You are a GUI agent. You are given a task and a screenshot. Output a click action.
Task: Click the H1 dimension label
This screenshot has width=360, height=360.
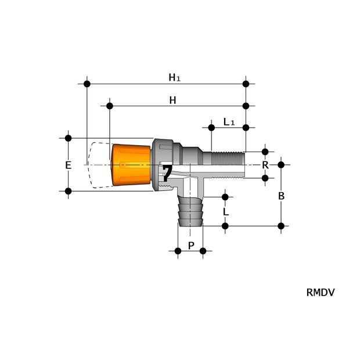click(174, 77)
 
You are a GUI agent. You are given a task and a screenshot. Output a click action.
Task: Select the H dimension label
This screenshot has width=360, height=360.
click(172, 100)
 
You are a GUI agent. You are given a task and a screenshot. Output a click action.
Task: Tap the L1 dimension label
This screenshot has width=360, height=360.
click(229, 122)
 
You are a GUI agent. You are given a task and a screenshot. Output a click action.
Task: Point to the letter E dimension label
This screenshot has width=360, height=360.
click(68, 165)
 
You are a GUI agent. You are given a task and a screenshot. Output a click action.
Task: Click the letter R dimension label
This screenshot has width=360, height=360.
click(265, 165)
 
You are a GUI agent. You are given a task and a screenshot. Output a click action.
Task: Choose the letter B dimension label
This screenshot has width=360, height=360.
click(281, 196)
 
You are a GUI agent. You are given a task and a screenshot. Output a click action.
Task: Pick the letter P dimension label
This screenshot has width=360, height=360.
click(191, 246)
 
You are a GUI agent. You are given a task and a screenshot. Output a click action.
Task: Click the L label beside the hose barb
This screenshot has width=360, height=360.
click(225, 211)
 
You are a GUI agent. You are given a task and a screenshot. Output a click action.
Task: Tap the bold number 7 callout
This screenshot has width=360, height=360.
click(167, 173)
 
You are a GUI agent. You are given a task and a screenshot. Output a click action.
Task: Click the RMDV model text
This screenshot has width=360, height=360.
click(320, 293)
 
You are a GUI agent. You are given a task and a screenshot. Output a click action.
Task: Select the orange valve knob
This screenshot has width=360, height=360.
click(131, 165)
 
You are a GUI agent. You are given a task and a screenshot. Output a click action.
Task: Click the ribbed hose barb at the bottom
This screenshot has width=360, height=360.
click(190, 213)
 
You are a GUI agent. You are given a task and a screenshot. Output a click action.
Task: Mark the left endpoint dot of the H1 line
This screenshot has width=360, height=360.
click(87, 84)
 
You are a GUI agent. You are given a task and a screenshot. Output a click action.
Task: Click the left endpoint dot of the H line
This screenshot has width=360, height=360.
click(110, 106)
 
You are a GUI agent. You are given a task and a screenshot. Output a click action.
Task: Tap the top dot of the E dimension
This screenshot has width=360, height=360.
click(68, 138)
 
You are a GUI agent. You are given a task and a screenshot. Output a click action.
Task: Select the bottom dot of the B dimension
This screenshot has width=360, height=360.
click(281, 226)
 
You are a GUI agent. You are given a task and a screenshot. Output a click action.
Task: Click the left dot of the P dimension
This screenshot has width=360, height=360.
click(178, 251)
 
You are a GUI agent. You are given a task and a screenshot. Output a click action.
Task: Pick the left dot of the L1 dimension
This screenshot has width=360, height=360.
click(211, 127)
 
